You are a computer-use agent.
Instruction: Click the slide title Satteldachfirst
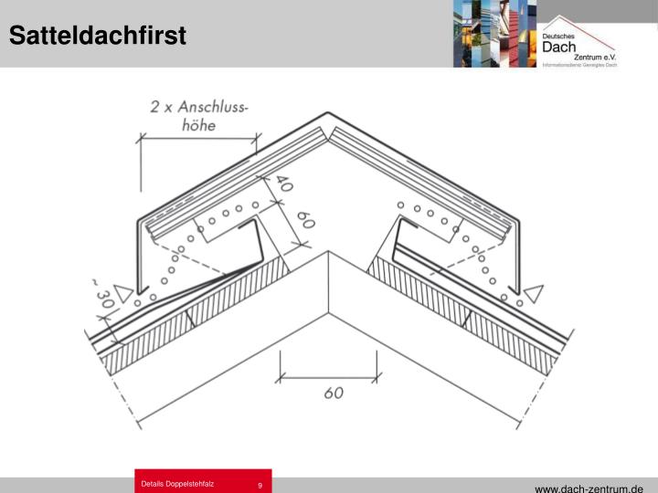click(x=98, y=36)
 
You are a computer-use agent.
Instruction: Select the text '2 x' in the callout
click(x=164, y=107)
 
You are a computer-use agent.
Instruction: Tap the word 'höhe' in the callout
click(x=197, y=125)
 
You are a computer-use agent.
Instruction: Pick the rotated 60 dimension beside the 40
click(x=304, y=221)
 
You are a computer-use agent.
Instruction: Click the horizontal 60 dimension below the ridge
click(x=334, y=393)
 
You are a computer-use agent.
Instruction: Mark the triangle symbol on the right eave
click(x=534, y=293)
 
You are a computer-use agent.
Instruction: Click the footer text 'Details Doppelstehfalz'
click(x=177, y=484)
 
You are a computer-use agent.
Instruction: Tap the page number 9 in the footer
click(x=260, y=485)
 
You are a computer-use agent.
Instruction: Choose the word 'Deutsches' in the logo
click(x=557, y=34)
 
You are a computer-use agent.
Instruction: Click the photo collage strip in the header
click(x=494, y=34)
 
